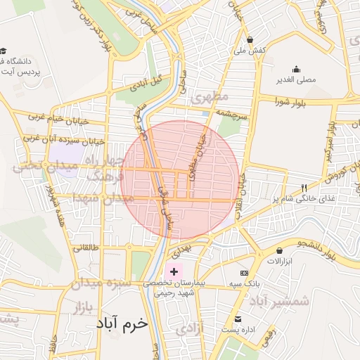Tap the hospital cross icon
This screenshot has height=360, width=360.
[x=174, y=271]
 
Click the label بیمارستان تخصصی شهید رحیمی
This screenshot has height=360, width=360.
[x=173, y=288]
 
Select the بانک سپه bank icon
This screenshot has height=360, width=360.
[x=245, y=273]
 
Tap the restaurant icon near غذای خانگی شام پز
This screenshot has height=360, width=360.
[x=304, y=188]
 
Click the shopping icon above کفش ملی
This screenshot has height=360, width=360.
[x=251, y=39]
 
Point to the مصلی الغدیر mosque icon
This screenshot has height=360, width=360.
[x=296, y=69]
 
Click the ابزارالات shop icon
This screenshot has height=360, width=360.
[x=280, y=250]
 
